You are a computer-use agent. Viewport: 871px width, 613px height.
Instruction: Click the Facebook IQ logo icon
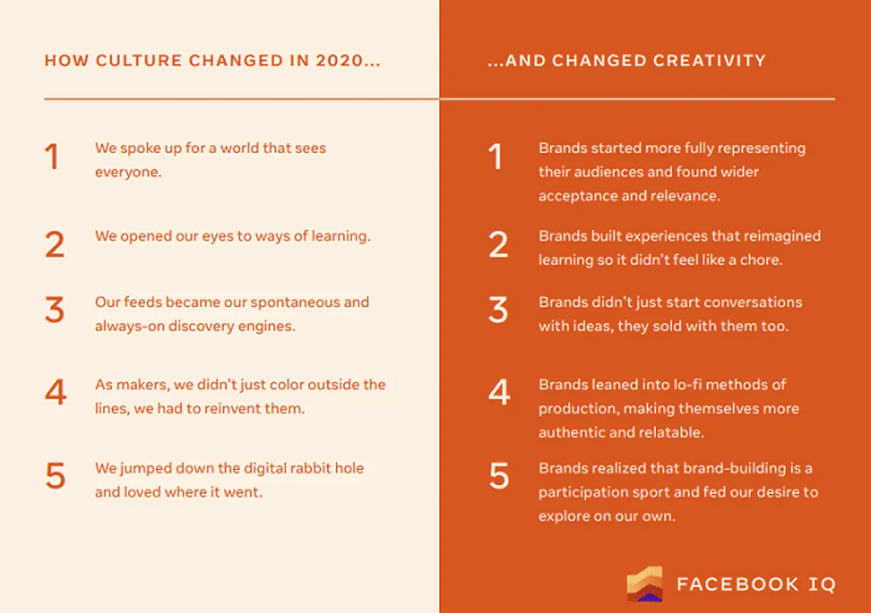pos(644,585)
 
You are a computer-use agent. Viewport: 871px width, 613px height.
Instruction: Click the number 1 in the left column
pos(52,156)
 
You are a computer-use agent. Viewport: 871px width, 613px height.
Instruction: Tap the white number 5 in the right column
pos(499,476)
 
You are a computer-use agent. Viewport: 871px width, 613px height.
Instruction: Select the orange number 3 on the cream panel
pos(54,310)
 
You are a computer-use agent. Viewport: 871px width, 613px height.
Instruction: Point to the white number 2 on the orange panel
pos(499,244)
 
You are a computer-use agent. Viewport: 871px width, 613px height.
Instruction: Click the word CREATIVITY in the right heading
pos(709,60)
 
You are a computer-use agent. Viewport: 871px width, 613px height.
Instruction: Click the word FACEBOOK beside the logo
pos(737,585)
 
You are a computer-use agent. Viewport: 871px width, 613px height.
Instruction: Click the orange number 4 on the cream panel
pos(55,392)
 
